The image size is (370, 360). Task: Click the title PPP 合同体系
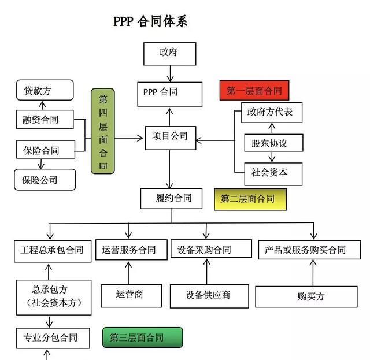[150, 21]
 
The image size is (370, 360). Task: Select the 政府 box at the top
[169, 53]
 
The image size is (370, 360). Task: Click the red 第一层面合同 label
[254, 91]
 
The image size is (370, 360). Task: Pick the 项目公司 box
[170, 137]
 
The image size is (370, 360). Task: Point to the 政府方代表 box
[271, 112]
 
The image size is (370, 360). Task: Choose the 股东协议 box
[271, 142]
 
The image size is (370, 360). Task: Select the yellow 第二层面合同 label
[250, 199]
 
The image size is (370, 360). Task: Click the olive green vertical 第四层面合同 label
[103, 131]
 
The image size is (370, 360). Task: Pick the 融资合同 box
[45, 120]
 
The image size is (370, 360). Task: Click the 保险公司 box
[45, 180]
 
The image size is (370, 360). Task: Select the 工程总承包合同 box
[53, 250]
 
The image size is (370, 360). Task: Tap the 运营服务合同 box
[129, 250]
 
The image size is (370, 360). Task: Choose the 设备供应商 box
[209, 296]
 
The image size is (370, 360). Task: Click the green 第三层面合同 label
[142, 337]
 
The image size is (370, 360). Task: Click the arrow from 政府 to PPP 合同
[170, 73]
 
